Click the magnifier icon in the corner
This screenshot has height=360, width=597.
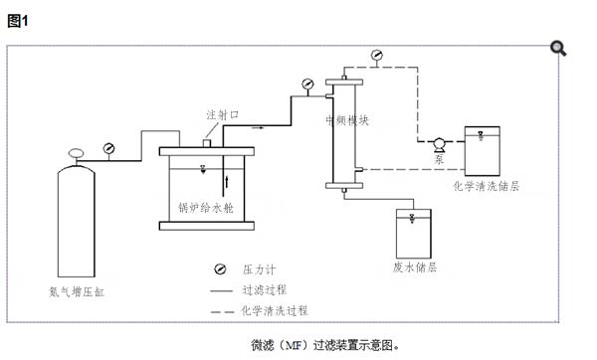[558, 47]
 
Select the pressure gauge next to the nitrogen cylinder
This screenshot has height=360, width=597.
[108, 149]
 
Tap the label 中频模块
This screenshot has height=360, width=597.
[348, 120]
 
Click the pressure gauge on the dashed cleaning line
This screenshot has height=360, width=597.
[375, 54]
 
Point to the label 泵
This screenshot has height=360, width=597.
[439, 159]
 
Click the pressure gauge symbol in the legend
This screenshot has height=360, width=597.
[217, 270]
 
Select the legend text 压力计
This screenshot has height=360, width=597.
[258, 270]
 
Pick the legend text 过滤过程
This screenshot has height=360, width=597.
[264, 290]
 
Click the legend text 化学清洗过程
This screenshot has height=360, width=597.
[275, 310]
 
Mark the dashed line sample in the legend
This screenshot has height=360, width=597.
[221, 311]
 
